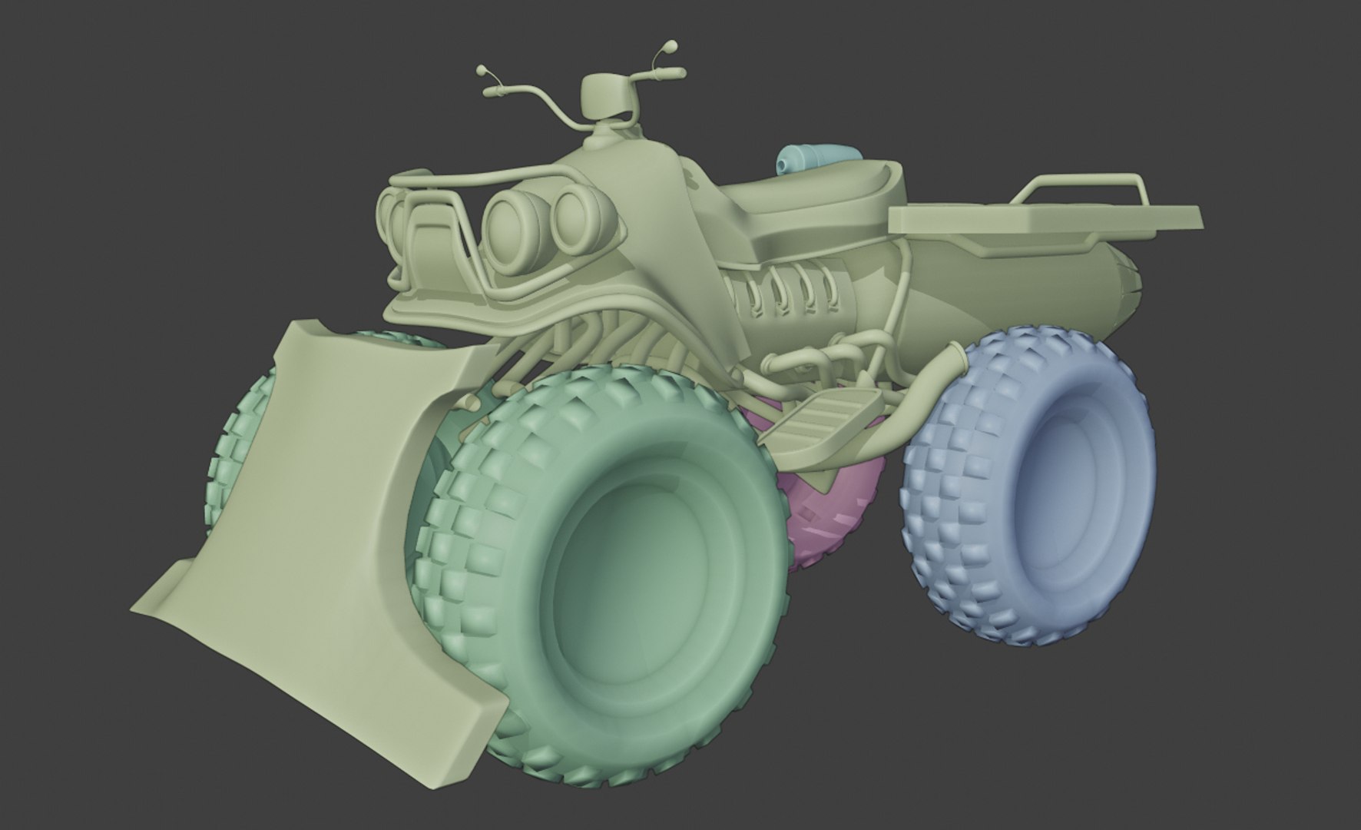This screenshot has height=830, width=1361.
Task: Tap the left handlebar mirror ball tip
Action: pos(482,71)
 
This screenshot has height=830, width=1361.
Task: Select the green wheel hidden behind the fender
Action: pos(238,430)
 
